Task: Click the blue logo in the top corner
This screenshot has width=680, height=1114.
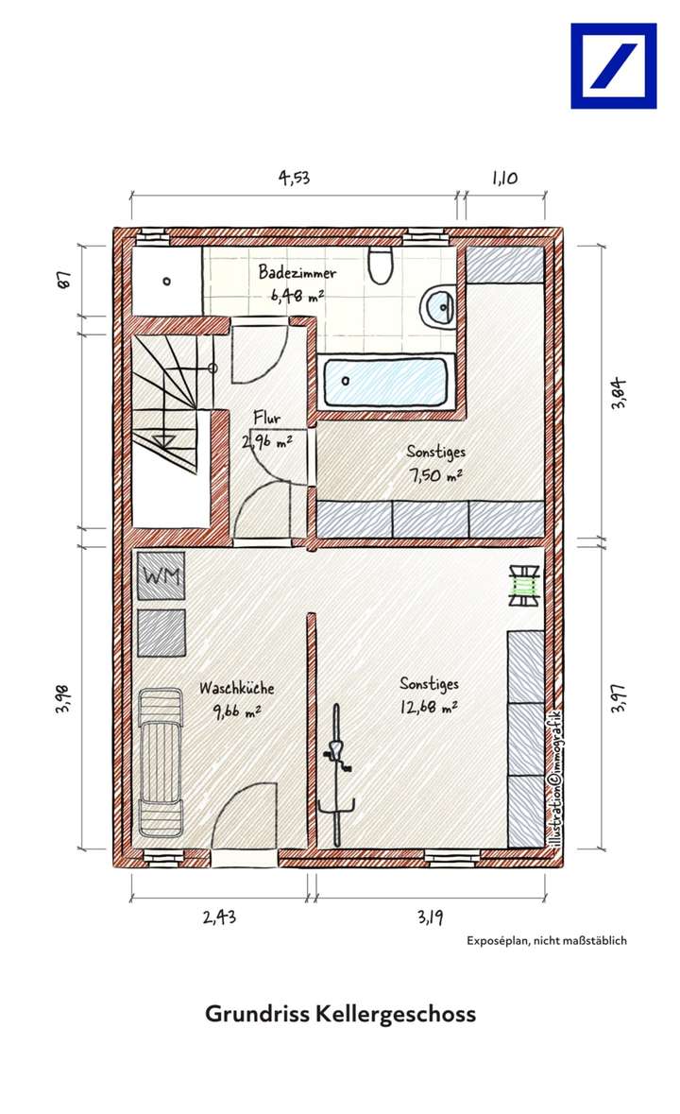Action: [613, 66]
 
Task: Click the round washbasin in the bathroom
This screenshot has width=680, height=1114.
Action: [438, 305]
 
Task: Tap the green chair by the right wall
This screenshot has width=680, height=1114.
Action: [522, 585]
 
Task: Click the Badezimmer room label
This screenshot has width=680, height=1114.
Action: [297, 273]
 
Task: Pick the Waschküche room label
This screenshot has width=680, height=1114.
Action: [236, 689]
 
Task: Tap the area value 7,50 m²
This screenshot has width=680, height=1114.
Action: [435, 475]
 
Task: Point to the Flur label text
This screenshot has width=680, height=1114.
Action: [266, 417]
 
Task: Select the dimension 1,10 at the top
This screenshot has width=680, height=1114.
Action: [503, 178]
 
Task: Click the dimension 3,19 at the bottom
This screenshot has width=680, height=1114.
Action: [428, 915]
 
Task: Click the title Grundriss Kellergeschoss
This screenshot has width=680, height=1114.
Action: [340, 1014]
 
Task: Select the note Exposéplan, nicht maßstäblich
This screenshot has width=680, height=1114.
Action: [546, 940]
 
